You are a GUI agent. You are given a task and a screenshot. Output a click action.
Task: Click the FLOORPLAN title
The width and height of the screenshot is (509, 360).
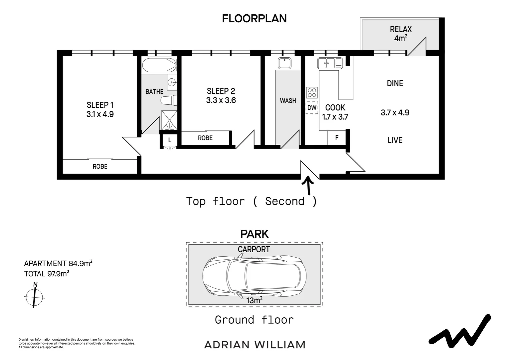pyautogui.click(x=254, y=18)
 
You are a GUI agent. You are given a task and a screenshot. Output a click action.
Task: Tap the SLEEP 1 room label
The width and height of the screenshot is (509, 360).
pyautogui.click(x=100, y=105)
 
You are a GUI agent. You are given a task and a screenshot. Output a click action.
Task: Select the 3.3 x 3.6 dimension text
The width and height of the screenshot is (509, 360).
pyautogui.click(x=221, y=100)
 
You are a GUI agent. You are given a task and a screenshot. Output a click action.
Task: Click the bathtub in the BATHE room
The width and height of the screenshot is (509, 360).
pyautogui.click(x=160, y=65)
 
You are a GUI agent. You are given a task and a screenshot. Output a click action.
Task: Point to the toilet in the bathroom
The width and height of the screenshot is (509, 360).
pyautogui.click(x=169, y=100)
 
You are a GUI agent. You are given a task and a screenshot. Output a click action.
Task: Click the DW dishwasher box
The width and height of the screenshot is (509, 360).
pyautogui.click(x=312, y=108)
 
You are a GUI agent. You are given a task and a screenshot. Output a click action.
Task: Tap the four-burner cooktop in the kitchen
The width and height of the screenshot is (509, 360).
pyautogui.click(x=312, y=93)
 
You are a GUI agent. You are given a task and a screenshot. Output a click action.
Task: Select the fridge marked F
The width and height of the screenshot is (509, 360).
pyautogui.click(x=337, y=137)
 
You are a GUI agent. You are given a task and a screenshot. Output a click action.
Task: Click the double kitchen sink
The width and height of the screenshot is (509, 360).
pyautogui.click(x=330, y=63)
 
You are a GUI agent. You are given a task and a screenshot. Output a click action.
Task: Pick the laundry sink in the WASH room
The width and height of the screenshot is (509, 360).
pyautogui.click(x=284, y=63)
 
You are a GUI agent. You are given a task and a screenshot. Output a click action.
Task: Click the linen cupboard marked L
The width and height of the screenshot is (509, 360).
pyautogui.click(x=170, y=140)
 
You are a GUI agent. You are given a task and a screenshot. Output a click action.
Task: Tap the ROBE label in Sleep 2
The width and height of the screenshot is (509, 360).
pyautogui.click(x=205, y=138)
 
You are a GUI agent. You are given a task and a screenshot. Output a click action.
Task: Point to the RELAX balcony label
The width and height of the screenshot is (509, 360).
pyautogui.click(x=401, y=29)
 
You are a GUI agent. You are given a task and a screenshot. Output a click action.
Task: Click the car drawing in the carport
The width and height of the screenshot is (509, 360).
pyautogui.click(x=254, y=276)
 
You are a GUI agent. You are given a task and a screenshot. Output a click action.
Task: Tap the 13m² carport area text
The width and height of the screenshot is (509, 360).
pyautogui.click(x=254, y=300)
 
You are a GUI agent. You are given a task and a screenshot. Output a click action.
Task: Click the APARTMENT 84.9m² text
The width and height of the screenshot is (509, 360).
pyautogui.click(x=58, y=263)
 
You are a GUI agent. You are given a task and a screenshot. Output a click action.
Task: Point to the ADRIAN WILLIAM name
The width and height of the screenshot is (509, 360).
pyautogui.click(x=255, y=345)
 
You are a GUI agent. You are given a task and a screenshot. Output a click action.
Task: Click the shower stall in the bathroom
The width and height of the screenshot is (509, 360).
pyautogui.click(x=169, y=120)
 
